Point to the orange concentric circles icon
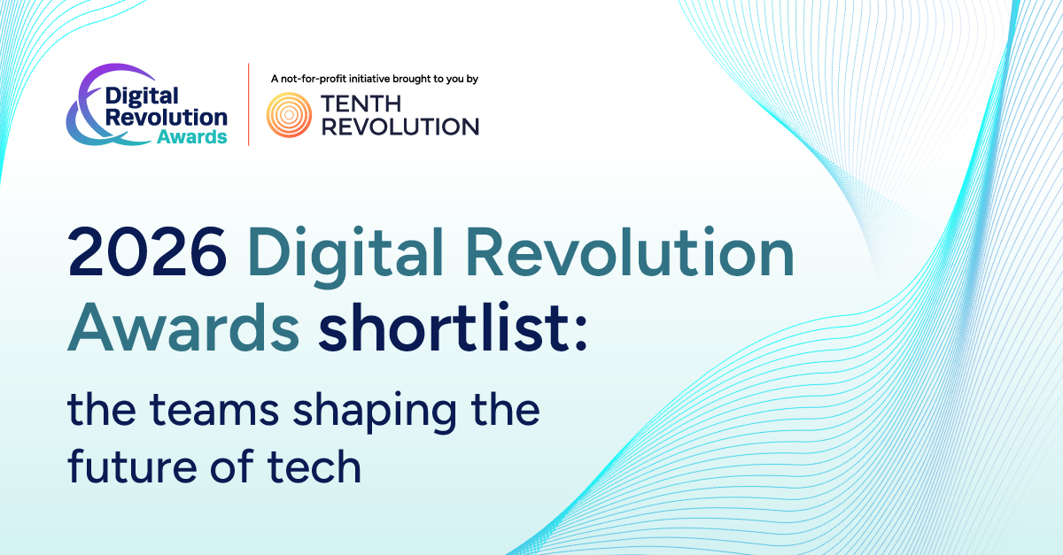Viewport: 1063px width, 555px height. tap(289, 115)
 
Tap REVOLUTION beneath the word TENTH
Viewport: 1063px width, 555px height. tap(400, 127)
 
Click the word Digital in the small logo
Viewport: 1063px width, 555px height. tap(143, 96)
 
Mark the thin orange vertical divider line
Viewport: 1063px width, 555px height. tap(248, 104)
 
